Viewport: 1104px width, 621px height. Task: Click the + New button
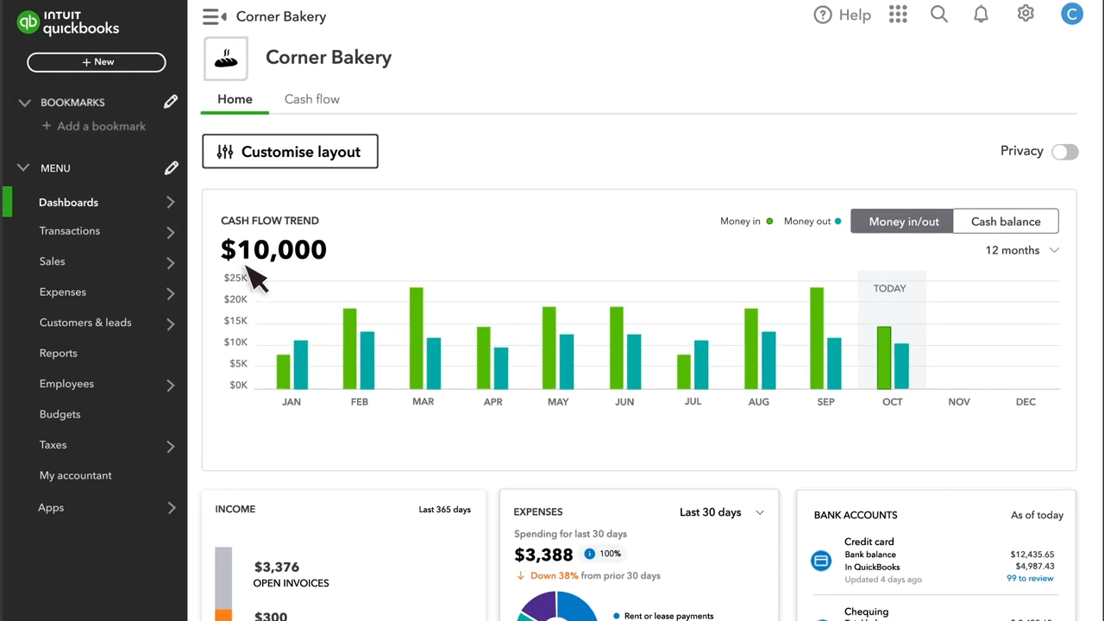(x=97, y=62)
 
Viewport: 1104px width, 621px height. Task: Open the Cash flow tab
(x=311, y=99)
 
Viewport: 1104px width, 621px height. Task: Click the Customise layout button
(x=290, y=152)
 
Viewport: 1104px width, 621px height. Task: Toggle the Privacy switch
(x=1064, y=152)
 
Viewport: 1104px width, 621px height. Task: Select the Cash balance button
(x=1005, y=222)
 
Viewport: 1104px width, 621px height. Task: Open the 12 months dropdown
(x=1022, y=250)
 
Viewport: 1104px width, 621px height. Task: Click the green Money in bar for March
(x=416, y=338)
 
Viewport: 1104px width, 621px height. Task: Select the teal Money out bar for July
(x=701, y=365)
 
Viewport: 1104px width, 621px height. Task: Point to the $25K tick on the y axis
(x=235, y=278)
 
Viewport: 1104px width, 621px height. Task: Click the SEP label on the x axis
(x=825, y=402)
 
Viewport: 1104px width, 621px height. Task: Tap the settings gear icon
(x=1026, y=14)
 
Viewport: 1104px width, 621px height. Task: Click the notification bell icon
(x=981, y=15)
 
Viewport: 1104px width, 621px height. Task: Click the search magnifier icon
(x=939, y=15)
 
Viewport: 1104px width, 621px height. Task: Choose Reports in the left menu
(x=59, y=354)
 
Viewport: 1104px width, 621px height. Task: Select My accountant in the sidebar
(x=75, y=476)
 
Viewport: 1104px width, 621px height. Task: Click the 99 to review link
(x=1030, y=579)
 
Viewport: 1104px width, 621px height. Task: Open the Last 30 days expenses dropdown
(x=721, y=512)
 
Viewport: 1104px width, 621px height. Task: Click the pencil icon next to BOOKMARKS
(x=171, y=103)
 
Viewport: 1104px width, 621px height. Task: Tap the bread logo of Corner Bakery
(x=226, y=59)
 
